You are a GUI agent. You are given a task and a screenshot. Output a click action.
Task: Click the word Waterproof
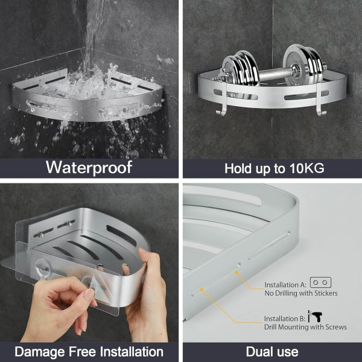click(89, 167)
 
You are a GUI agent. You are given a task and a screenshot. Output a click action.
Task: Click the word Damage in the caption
click(40, 352)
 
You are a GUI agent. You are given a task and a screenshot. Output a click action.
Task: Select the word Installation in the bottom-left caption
click(132, 351)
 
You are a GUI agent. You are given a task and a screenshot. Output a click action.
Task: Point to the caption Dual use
click(272, 351)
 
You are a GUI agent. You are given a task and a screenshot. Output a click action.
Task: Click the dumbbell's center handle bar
click(273, 74)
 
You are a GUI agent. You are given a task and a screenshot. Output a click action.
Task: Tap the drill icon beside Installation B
click(316, 316)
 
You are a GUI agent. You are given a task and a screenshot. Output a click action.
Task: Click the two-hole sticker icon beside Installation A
click(320, 282)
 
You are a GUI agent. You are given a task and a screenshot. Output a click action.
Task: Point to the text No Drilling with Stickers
click(301, 293)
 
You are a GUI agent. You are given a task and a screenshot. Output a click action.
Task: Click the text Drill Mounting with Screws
click(305, 327)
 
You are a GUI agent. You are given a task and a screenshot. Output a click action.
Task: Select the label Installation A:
click(285, 285)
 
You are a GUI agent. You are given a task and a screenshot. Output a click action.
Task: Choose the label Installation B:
click(285, 319)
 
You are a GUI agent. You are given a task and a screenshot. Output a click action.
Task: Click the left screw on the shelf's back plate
click(42, 235)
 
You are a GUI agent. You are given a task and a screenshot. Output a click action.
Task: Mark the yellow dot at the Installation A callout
click(237, 273)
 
